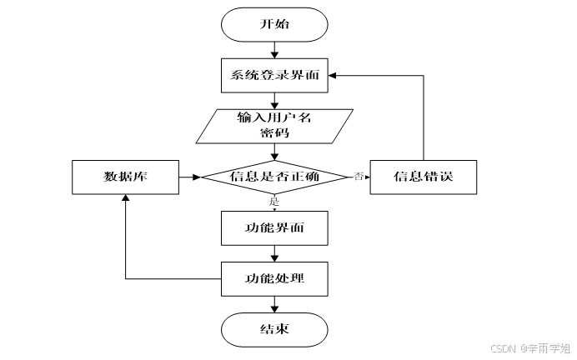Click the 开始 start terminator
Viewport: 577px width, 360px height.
coord(274,24)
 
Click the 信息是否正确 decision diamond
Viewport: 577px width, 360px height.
coord(274,176)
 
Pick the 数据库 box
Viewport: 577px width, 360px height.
coord(125,176)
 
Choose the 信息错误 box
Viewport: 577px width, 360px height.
coord(424,176)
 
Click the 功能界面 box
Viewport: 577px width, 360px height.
coord(274,225)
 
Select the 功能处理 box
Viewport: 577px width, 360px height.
coord(274,277)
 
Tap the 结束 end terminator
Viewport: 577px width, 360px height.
coord(274,328)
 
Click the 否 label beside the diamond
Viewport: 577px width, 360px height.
coord(359,176)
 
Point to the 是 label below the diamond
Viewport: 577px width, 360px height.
coord(273,201)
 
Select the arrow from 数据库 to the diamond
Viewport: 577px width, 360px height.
coord(190,176)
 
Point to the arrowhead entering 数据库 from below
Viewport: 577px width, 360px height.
coord(125,197)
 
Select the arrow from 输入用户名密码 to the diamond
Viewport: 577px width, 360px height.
coord(274,150)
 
